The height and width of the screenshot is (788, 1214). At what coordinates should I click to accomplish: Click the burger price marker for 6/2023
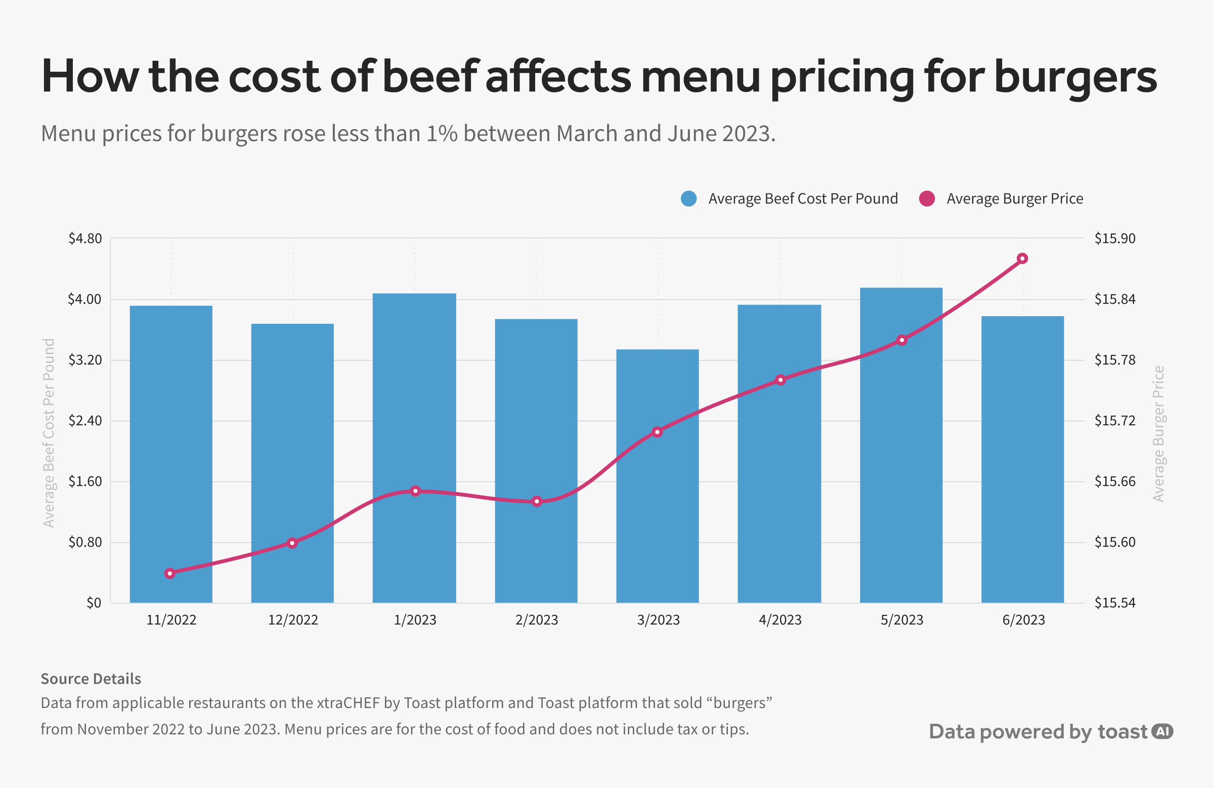1022,259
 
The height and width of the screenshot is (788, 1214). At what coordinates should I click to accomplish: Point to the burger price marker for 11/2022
170,573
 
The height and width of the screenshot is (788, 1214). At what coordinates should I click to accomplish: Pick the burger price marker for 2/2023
537,502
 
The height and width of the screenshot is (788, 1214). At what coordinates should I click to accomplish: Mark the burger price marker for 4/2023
781,380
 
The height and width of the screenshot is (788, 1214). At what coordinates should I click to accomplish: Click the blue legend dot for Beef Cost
688,198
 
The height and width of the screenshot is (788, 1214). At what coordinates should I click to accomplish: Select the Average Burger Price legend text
1015,198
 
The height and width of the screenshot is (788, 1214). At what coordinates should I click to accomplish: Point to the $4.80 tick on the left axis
85,238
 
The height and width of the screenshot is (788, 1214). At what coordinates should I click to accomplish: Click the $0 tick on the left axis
94,603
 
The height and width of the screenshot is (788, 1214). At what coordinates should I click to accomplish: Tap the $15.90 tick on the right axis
1114,238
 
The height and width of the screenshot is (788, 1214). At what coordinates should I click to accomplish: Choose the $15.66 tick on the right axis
1114,481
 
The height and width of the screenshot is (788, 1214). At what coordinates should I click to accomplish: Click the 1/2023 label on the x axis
415,619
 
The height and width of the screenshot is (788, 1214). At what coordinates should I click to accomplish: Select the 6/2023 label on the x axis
1023,619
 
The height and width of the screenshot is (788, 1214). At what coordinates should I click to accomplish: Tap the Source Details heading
91,679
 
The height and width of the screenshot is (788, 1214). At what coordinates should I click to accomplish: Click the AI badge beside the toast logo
1162,731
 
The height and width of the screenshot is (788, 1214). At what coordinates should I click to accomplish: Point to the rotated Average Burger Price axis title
1158,434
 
